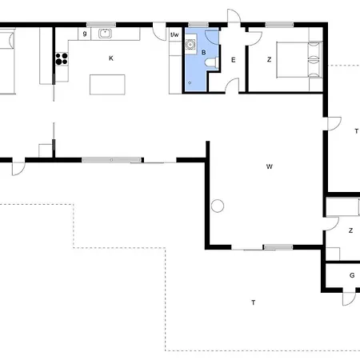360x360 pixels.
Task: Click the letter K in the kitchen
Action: pyautogui.click(x=111, y=58)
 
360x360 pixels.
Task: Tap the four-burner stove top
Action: pyautogui.click(x=62, y=59)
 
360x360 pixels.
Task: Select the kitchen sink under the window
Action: pyautogui.click(x=105, y=34)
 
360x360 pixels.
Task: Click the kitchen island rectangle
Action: pyautogui.click(x=107, y=85)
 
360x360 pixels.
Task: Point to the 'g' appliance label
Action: pyautogui.click(x=85, y=34)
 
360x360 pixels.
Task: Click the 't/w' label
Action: pyautogui.click(x=174, y=34)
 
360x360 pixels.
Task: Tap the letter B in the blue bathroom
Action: pyautogui.click(x=203, y=53)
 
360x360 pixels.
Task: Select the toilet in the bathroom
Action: pyautogui.click(x=211, y=63)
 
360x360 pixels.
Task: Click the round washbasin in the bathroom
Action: pyautogui.click(x=190, y=45)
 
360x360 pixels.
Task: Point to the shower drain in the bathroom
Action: pyautogui.click(x=190, y=83)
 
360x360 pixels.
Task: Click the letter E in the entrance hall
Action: pyautogui.click(x=234, y=60)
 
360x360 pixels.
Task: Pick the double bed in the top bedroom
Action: pyautogui.click(x=298, y=60)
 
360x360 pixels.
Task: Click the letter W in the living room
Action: pyautogui.click(x=270, y=166)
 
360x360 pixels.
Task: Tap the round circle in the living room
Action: pyautogui.click(x=218, y=206)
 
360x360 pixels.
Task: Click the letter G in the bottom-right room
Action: pyautogui.click(x=352, y=275)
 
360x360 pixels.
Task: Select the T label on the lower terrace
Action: pyautogui.click(x=254, y=302)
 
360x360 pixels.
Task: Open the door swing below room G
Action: pyautogui.click(x=349, y=298)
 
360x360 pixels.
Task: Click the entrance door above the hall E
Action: pyautogui.click(x=234, y=16)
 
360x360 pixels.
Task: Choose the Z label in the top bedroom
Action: pyautogui.click(x=270, y=59)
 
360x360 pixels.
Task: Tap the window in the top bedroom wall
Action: pyautogui.click(x=279, y=25)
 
